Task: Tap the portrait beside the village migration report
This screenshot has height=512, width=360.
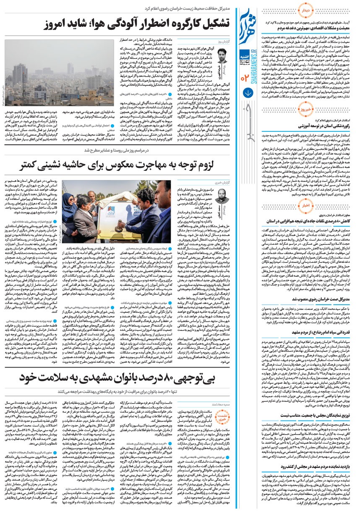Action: click(223, 198)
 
